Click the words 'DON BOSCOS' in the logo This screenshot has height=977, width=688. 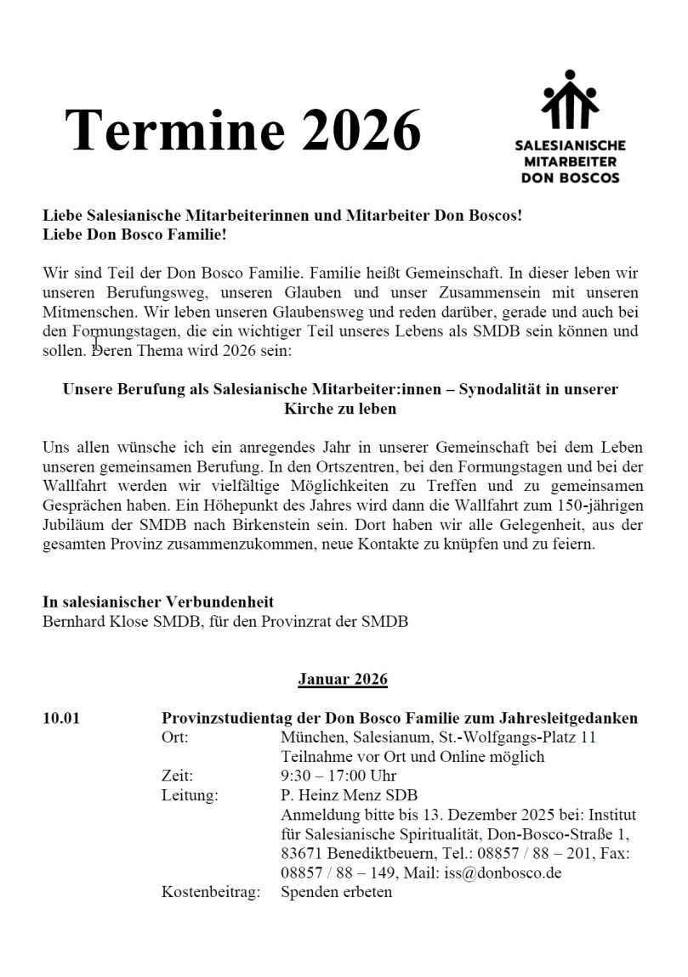570,178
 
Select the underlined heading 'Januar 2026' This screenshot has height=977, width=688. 343,680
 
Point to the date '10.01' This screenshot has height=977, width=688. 61,719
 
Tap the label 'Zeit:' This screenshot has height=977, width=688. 177,776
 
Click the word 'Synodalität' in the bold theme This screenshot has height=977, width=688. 500,390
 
